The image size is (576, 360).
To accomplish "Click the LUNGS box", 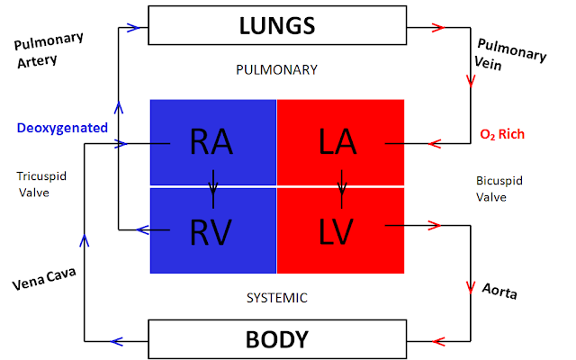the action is pyautogui.click(x=277, y=25).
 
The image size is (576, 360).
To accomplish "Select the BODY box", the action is pyautogui.click(x=277, y=339).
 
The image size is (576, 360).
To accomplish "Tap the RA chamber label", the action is pyautogui.click(x=211, y=142).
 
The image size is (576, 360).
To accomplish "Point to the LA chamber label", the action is pyautogui.click(x=337, y=142).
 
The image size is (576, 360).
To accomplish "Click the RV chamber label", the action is pyautogui.click(x=211, y=232).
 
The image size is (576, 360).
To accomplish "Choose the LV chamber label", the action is pyautogui.click(x=336, y=232).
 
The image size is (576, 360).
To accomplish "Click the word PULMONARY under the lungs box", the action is pyautogui.click(x=276, y=70).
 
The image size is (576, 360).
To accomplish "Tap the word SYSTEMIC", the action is pyautogui.click(x=277, y=298).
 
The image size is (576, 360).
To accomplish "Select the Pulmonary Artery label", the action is pyautogui.click(x=48, y=50).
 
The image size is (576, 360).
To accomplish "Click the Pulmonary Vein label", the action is pyautogui.click(x=510, y=54).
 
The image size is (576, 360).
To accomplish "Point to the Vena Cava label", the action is pyautogui.click(x=44, y=279).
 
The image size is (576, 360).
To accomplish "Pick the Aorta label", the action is pyautogui.click(x=499, y=292).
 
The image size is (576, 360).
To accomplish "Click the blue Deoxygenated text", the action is pyautogui.click(x=62, y=128).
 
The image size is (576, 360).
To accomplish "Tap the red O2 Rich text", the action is pyautogui.click(x=502, y=134).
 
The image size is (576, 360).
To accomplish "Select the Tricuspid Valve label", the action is pyautogui.click(x=41, y=184).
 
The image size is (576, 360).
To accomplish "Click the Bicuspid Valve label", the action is pyautogui.click(x=499, y=189).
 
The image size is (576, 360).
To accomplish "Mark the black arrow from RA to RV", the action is pyautogui.click(x=213, y=189).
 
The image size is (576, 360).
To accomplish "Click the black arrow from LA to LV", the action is pyautogui.click(x=342, y=189).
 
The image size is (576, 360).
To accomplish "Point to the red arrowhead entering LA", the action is pyautogui.click(x=435, y=144).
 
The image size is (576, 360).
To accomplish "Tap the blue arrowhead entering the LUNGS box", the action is pyautogui.click(x=133, y=28).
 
